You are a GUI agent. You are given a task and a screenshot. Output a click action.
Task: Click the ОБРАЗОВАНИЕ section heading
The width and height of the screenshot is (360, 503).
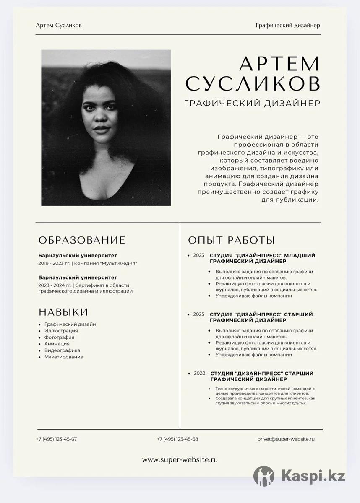pos(82,240)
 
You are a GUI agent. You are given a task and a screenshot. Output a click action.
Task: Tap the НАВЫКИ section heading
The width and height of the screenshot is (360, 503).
pos(63,312)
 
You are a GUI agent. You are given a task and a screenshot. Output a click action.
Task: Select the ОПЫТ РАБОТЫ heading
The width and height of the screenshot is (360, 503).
pos(231,240)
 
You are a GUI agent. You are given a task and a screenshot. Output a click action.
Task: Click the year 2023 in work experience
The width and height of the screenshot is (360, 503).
pos(198,255)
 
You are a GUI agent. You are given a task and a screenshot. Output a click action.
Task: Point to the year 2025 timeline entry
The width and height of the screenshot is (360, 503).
pos(198,314)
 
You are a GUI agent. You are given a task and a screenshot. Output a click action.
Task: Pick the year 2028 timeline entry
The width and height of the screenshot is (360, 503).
pos(199,373)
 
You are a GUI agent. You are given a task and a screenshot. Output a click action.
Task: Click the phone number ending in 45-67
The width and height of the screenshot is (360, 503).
pos(56,439)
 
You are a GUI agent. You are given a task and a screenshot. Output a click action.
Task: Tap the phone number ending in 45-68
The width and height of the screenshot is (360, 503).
pos(177,439)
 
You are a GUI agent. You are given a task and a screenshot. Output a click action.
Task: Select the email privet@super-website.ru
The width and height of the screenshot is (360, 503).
pos(286,439)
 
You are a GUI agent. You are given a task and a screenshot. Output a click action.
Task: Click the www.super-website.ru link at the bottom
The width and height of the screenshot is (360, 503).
pos(180,460)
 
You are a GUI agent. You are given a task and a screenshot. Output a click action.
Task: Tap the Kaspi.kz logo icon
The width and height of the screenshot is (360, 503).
pos(263,476)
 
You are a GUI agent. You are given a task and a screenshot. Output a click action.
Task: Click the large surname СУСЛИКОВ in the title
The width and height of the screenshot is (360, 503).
pos(253,83)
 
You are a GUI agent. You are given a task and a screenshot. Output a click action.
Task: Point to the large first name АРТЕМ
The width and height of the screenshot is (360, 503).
pos(279,64)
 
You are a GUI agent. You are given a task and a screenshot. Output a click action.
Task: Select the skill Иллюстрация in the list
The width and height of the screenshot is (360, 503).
pos(61,331)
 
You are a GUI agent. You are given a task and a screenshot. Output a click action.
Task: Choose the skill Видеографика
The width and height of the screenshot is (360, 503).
pos(62,350)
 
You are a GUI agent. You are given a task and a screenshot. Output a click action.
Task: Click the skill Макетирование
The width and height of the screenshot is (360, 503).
pos(64,357)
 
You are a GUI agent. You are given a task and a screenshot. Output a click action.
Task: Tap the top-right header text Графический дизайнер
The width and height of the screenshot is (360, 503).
pos(288,26)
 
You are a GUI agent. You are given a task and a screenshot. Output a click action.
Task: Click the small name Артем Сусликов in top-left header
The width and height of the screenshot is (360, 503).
pos(59,26)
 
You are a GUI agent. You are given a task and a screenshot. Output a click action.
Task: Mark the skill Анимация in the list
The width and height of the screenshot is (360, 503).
pos(57,344)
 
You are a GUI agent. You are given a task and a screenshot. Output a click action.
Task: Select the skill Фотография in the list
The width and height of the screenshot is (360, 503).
pos(59,337)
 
